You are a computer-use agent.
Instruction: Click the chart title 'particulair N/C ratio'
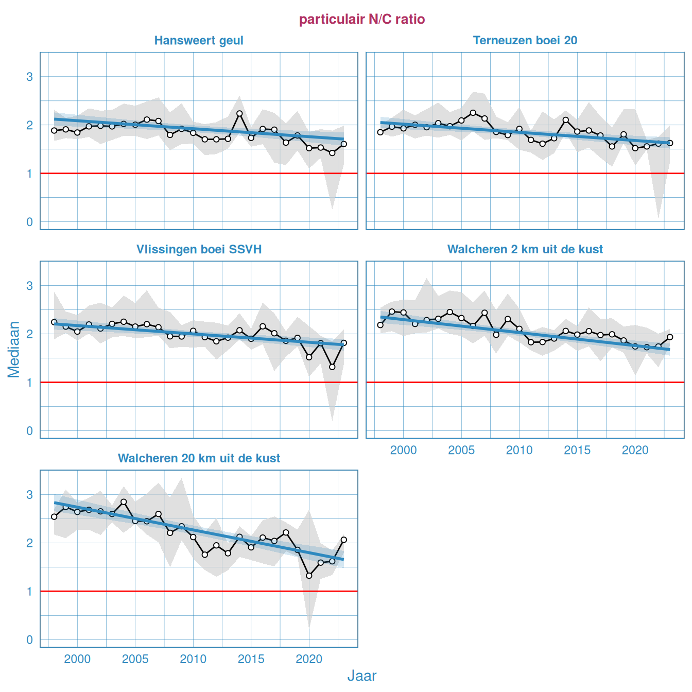362,20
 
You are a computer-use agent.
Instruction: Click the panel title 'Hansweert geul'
199,41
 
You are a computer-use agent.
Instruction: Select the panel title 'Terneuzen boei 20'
525,41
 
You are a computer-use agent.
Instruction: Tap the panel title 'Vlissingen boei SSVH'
199,250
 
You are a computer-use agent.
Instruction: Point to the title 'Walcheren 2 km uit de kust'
525,250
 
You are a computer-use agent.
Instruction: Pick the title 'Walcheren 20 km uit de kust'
199,459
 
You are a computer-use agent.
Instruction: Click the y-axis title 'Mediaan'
14,349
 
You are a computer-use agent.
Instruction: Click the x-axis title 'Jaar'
362,676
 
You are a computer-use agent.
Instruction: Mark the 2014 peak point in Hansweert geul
239,113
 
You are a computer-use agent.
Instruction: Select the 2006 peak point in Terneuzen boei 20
473,113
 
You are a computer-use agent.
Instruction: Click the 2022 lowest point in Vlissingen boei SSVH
332,367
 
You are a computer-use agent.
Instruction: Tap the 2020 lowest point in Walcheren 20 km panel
309,576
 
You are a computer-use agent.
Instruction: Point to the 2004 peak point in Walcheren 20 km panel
124,501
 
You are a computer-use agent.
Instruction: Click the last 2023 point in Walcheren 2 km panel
670,337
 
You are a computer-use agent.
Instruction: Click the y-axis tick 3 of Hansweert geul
29,77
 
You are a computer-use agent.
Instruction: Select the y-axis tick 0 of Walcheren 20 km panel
29,640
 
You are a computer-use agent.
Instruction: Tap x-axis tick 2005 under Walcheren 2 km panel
461,451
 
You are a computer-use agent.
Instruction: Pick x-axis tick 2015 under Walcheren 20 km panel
251,660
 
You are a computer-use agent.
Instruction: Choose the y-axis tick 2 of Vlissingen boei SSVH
29,334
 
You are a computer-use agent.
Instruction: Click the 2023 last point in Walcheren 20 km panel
343,540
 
